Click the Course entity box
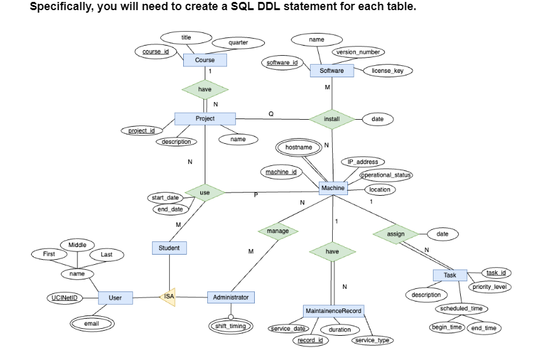coord(205,60)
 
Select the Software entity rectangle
coord(331,70)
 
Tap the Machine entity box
coord(333,188)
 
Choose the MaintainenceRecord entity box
coord(333,311)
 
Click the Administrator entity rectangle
coord(231,297)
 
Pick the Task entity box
coord(449,275)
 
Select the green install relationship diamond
coord(331,118)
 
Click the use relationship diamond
coord(205,192)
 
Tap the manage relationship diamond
coord(278,231)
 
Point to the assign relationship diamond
coord(396,234)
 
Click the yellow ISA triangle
coord(168,296)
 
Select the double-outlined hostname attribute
coord(299,147)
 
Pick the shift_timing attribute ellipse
coord(230,326)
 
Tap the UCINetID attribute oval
coord(65,298)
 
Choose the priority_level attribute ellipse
coord(490,287)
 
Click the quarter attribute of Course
coord(238,42)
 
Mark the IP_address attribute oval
coord(363,162)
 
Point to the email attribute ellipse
coord(91,324)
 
